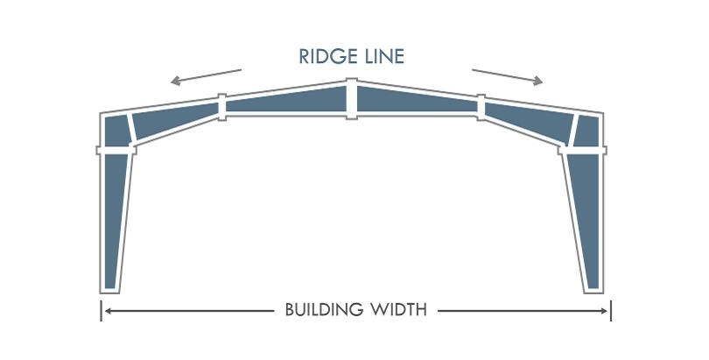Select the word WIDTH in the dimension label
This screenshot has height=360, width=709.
pos(399,310)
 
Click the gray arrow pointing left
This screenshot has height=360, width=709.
pos(206,76)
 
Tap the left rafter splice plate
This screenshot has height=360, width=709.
pos(222,107)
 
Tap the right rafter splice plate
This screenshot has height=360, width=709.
pos(481,107)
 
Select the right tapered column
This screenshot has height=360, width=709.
pos(586,219)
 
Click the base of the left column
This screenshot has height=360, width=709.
pos(109,286)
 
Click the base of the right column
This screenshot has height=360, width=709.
pos(593,286)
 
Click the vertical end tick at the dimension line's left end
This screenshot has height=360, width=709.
pos(102,310)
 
